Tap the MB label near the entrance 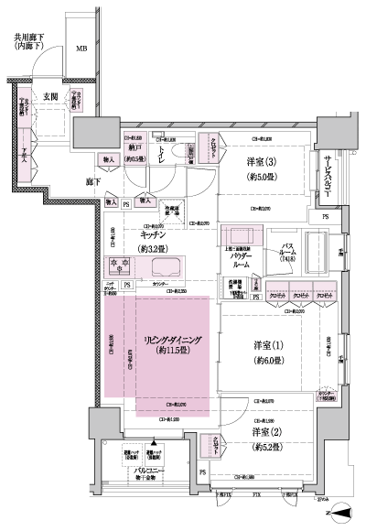click(82, 49)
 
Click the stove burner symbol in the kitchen click(121, 267)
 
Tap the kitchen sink click(165, 268)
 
